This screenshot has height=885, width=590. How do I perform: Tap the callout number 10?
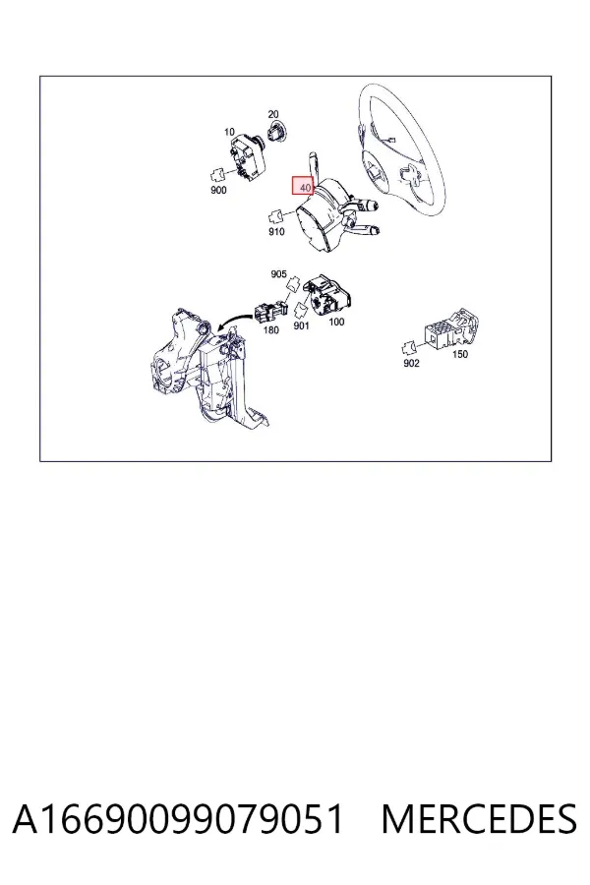pos(229,132)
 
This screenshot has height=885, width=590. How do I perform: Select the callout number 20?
pos(273,114)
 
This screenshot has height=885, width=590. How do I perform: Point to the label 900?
pos(218,190)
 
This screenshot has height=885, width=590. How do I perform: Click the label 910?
pos(276,231)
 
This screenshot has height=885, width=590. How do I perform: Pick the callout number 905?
pos(278,273)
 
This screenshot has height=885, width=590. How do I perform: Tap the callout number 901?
pos(302,325)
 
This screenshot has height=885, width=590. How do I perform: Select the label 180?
pos(271,329)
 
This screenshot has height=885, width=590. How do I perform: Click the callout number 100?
pos(336,322)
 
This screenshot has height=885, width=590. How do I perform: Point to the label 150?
pos(460,354)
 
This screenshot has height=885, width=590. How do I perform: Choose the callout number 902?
pos(412,363)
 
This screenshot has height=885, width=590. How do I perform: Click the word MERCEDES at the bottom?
pos(479,819)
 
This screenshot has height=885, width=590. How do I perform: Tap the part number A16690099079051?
pos(178,819)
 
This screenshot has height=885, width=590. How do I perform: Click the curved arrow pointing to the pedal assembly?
pos(234,321)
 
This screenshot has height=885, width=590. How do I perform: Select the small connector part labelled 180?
pos(270,311)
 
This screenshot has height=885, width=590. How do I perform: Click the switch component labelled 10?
pos(248,157)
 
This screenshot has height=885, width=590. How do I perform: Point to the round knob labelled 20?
pos(275,133)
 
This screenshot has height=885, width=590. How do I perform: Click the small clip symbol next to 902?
pos(409,347)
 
